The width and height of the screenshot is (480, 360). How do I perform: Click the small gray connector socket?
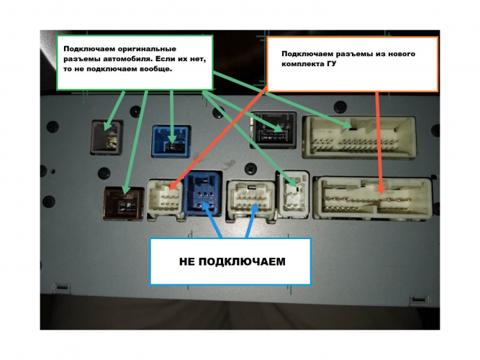tap(104, 137)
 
